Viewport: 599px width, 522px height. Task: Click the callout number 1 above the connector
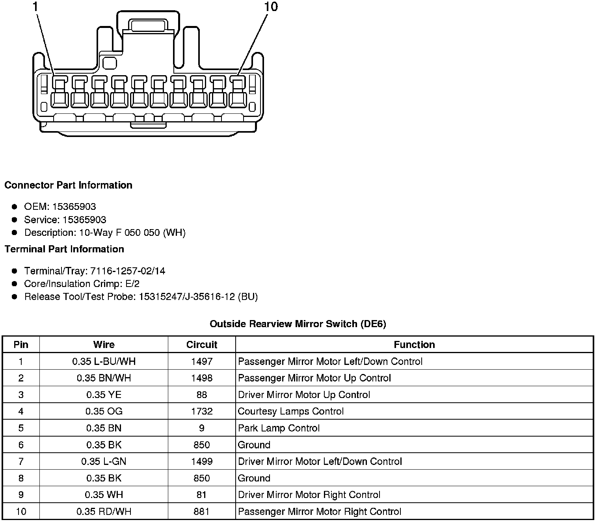click(x=36, y=7)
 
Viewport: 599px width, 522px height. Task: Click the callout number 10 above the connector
click(x=271, y=7)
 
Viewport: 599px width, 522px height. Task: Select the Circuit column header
click(x=202, y=344)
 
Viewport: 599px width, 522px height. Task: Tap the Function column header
click(x=414, y=344)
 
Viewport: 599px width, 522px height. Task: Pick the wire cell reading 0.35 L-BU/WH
click(x=104, y=361)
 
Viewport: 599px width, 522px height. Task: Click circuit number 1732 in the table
click(x=202, y=411)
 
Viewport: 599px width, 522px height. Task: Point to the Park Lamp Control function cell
click(x=279, y=428)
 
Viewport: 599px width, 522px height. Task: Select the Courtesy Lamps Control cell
click(x=291, y=411)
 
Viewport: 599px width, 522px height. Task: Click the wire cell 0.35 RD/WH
click(x=104, y=511)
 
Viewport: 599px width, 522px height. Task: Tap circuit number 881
click(x=202, y=511)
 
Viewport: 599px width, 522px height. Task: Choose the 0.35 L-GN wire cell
click(x=104, y=461)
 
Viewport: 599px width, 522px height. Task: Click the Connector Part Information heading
click(x=68, y=185)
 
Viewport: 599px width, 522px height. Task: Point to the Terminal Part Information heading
click(x=64, y=249)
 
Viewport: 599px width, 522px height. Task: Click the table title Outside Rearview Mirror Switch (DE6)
click(x=298, y=324)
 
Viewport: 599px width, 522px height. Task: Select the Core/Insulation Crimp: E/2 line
click(x=82, y=284)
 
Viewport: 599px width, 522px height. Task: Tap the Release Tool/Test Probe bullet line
click(x=141, y=297)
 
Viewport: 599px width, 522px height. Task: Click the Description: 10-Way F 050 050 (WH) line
click(x=105, y=233)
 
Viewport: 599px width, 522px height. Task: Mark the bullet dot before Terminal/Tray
click(x=15, y=271)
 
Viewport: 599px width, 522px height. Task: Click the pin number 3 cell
click(x=21, y=395)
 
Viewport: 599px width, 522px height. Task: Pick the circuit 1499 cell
click(x=202, y=461)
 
